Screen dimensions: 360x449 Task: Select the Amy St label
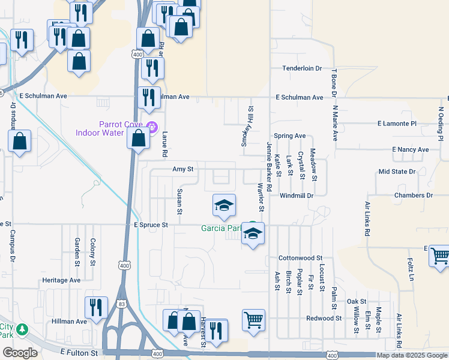tap(182, 170)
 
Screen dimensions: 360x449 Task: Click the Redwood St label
tap(324, 318)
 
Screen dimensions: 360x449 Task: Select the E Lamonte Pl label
tap(396, 124)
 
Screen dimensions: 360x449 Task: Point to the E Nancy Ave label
tap(410, 149)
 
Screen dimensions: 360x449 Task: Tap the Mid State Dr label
tap(397, 172)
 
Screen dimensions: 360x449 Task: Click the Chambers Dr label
tap(413, 196)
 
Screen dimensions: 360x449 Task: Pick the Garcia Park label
tap(220, 228)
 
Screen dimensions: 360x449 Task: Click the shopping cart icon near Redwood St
tap(253, 319)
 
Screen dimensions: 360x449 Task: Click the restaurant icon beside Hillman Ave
tap(96, 307)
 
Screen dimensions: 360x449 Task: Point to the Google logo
tap(20, 353)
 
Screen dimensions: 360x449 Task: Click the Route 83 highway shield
tap(122, 305)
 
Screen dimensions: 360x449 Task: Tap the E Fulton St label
tap(79, 353)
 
